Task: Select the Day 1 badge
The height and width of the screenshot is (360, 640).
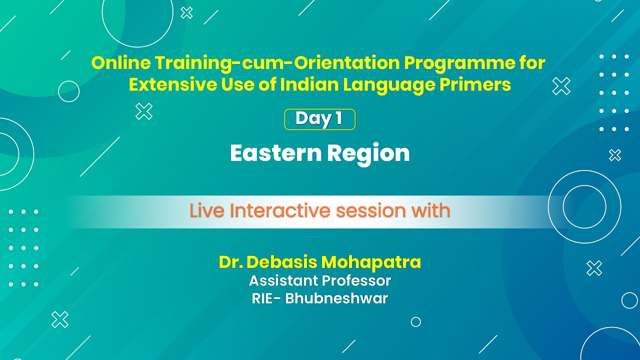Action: [319, 119]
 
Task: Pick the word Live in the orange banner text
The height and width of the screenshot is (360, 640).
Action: [206, 211]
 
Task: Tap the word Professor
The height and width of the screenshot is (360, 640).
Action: [356, 280]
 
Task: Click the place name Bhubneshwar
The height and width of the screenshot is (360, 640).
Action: [336, 299]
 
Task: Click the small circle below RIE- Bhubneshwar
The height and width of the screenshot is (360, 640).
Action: [415, 322]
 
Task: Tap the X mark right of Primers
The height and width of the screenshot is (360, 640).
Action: [561, 86]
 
